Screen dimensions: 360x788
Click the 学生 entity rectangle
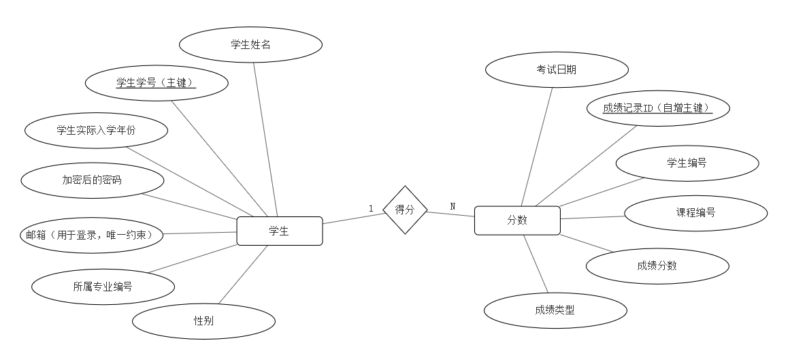[279, 231]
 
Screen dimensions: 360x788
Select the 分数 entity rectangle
[516, 220]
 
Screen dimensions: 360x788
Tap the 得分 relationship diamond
[404, 210]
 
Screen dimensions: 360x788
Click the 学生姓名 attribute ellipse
[250, 45]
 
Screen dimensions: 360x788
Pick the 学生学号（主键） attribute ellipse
[157, 83]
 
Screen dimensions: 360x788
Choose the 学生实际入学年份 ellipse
[96, 130]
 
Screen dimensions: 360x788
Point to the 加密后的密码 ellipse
[93, 180]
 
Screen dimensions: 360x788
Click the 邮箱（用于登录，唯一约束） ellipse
[91, 235]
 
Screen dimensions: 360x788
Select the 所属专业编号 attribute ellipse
[103, 287]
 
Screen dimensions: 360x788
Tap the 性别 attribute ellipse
[203, 321]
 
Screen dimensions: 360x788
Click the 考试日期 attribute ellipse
[557, 69]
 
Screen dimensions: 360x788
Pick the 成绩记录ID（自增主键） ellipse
[657, 108]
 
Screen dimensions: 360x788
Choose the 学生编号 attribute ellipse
[687, 163]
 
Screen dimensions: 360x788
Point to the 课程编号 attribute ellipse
[695, 212]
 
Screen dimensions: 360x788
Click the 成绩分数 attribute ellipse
[657, 265]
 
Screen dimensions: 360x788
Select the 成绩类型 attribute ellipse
[555, 310]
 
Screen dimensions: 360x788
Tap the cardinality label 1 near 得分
[371, 208]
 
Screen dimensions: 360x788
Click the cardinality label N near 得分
[453, 206]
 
